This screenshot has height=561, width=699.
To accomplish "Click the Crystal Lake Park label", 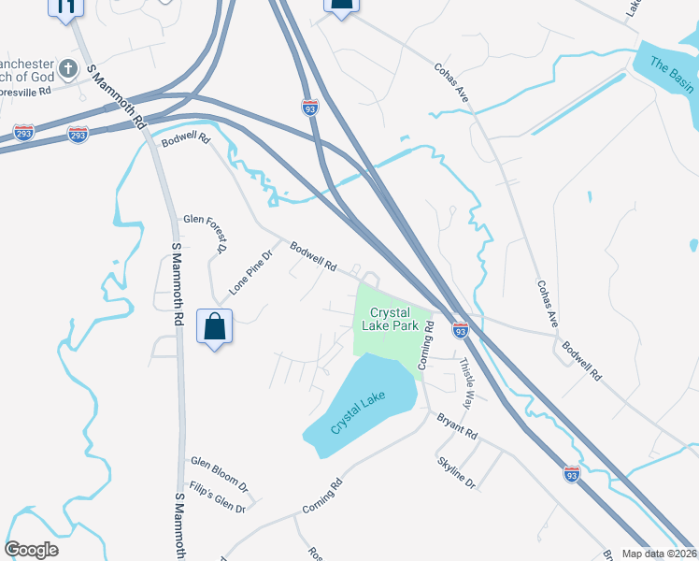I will click(393, 319).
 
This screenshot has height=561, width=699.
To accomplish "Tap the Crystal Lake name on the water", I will click(358, 412).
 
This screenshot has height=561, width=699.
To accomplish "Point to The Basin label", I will click(672, 75).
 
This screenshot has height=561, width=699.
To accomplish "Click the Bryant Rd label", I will click(458, 428).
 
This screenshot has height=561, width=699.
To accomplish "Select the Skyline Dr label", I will click(457, 472).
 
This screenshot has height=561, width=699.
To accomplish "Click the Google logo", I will click(31, 549).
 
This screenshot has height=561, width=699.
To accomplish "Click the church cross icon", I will click(68, 68).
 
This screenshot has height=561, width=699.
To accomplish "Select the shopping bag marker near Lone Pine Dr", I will click(215, 327).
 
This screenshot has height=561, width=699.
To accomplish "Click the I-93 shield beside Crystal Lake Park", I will click(460, 329).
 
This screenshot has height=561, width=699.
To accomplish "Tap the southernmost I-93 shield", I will click(572, 473).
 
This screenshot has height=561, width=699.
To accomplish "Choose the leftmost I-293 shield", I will click(23, 133).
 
